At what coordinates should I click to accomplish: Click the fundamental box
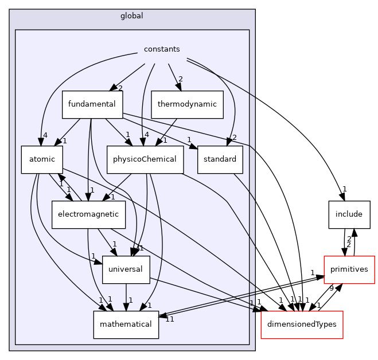(92, 104)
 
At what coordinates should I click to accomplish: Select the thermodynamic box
(187, 104)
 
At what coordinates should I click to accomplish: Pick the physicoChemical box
(145, 159)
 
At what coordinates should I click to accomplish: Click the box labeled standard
(220, 159)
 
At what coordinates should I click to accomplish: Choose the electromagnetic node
(88, 214)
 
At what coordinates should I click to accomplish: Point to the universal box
(126, 269)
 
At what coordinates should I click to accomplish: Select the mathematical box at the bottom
(126, 324)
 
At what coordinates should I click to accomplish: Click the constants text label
(162, 49)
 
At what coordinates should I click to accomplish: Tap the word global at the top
(132, 16)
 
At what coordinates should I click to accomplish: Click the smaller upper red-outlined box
(349, 269)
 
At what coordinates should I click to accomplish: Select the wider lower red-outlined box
(302, 324)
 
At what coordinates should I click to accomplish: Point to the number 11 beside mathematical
(170, 319)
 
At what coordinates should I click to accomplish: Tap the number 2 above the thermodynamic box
(180, 79)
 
